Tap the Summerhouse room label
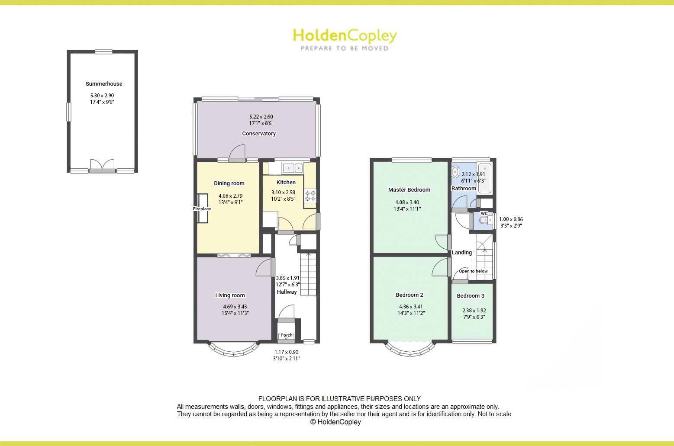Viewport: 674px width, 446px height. pos(104,84)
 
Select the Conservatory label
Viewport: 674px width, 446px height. pos(259,134)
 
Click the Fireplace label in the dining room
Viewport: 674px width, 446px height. pos(202,209)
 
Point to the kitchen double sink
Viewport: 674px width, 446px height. pos(293,167)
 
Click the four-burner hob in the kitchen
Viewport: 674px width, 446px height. pos(310,196)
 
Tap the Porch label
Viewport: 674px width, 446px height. pos(287,335)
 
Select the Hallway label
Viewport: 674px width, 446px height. pos(287,292)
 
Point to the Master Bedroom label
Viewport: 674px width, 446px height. pos(409,190)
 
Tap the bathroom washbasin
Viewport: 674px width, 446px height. pos(455,172)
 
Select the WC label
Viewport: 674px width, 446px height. pos(484,214)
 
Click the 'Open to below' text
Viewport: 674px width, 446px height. pos(473,271)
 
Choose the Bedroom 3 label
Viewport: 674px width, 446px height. pos(471,296)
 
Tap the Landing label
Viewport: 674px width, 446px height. pos(462,253)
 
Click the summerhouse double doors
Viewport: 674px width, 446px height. pos(102,166)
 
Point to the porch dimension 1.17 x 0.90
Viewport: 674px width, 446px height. pos(287,352)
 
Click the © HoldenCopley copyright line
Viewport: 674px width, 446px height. pos(335,422)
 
